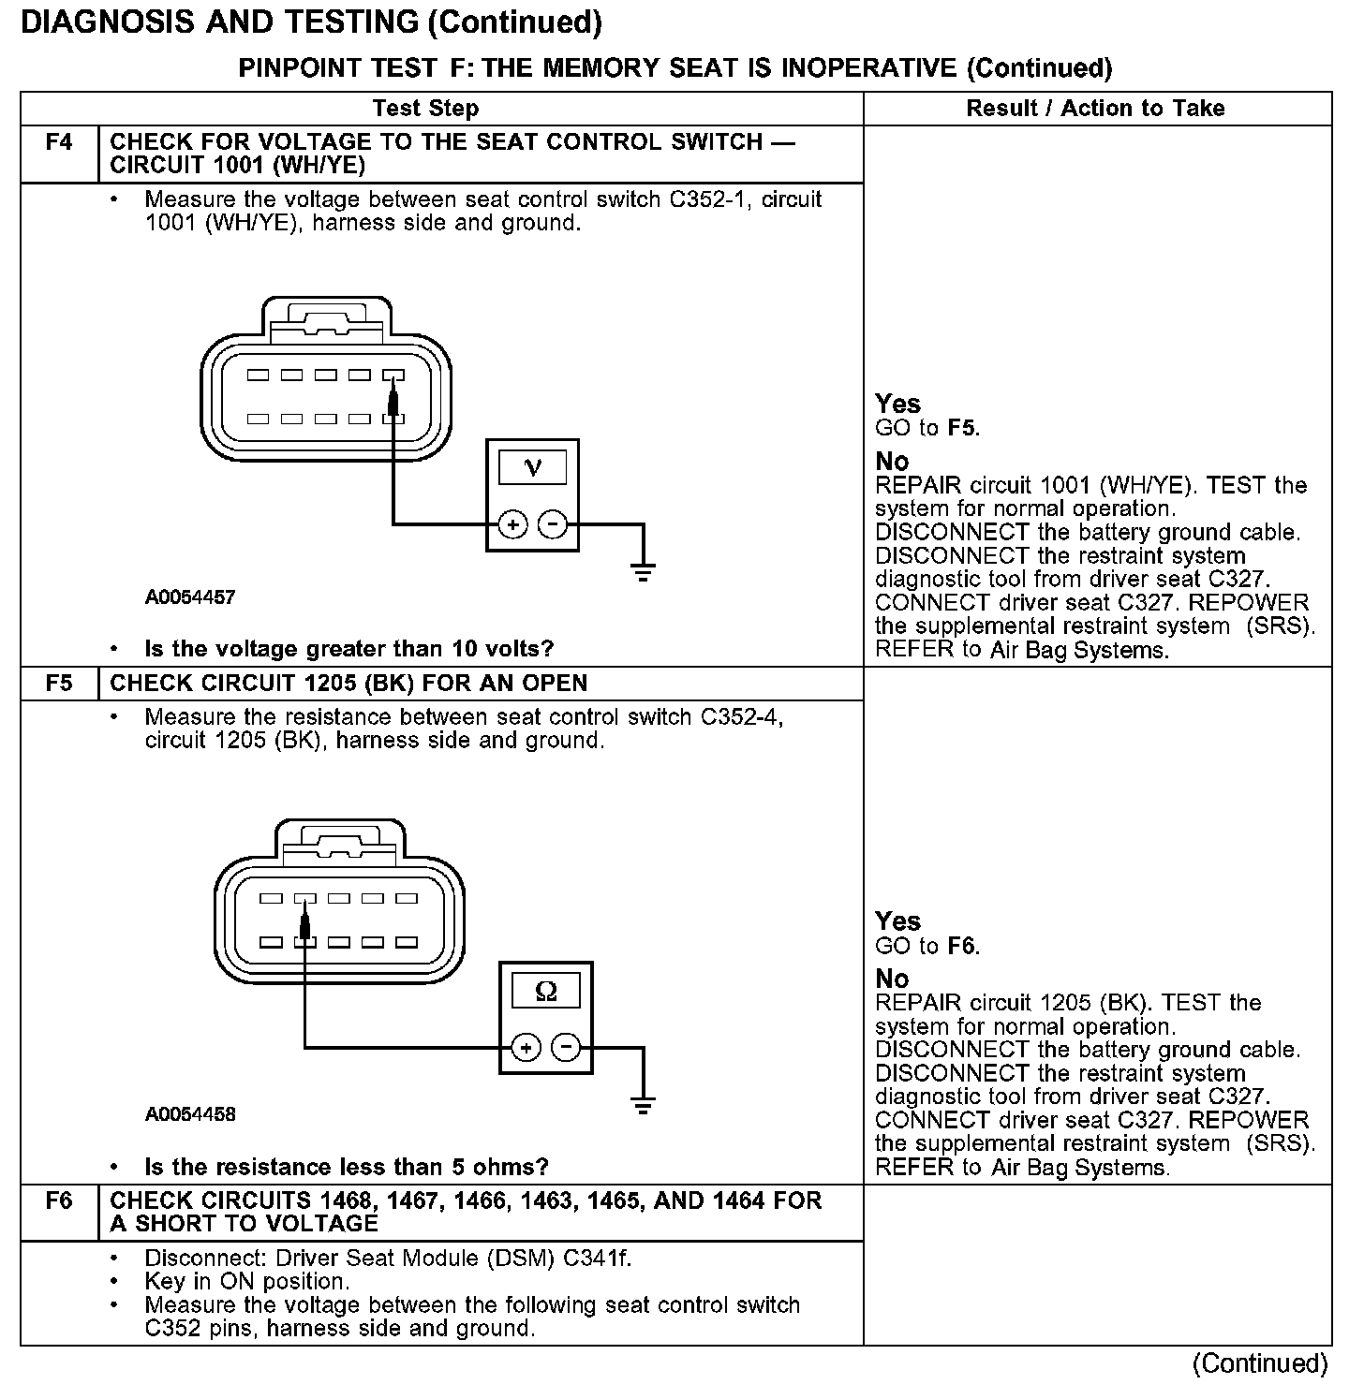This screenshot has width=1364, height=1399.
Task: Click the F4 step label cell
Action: [59, 143]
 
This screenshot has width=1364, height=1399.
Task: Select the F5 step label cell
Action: [59, 683]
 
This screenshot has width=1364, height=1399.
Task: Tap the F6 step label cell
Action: [59, 1200]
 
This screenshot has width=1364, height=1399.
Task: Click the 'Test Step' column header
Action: [425, 109]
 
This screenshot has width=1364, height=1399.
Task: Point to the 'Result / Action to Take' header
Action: [1095, 109]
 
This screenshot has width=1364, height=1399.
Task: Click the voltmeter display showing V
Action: [532, 466]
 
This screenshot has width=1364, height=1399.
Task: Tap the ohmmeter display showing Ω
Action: [545, 990]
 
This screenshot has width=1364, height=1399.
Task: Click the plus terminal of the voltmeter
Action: [512, 524]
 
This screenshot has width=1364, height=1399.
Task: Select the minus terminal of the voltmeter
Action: [554, 524]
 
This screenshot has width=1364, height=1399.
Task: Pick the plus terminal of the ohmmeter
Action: [526, 1047]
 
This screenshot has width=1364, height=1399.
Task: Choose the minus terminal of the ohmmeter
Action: [566, 1047]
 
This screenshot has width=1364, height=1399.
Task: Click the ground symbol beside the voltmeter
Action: [643, 571]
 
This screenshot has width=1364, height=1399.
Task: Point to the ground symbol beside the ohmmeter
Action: [643, 1105]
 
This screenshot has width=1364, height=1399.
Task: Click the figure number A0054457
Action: [190, 597]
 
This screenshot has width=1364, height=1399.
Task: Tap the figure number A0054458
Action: [190, 1114]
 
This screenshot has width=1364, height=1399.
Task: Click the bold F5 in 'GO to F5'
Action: [962, 429]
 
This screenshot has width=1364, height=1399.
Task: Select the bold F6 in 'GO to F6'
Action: [962, 946]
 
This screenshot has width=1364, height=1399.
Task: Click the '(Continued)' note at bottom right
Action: [1260, 1363]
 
